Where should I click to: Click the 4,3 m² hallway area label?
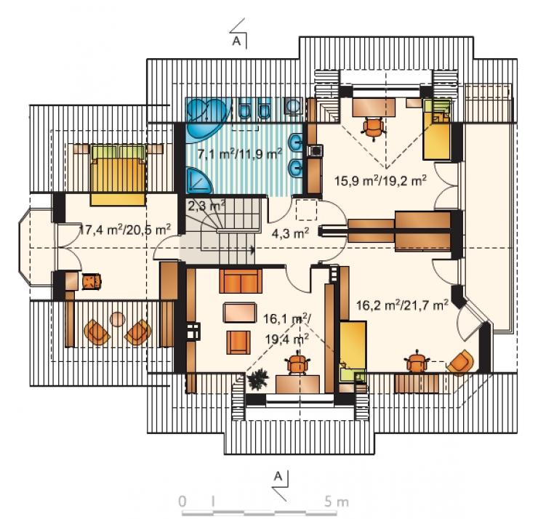(x=290, y=233)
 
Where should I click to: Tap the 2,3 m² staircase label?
(x=206, y=206)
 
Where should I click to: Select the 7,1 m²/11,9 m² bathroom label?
(x=240, y=153)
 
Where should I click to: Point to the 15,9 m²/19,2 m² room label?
(x=380, y=180)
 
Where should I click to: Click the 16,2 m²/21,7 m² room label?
(x=402, y=305)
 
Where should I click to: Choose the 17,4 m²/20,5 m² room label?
(x=125, y=230)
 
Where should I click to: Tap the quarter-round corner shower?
(x=199, y=181)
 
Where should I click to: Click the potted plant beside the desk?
(x=257, y=379)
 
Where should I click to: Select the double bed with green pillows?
(x=118, y=175)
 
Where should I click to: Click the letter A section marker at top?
(x=236, y=41)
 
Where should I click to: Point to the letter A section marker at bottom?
(x=278, y=476)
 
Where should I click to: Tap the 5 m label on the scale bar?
(x=337, y=502)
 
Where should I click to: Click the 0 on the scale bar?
(x=183, y=502)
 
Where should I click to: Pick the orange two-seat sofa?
(x=241, y=281)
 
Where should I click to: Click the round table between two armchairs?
(x=118, y=319)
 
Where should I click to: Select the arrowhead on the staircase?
(x=253, y=249)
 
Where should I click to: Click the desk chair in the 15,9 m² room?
(x=373, y=128)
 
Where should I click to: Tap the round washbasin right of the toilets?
(x=294, y=105)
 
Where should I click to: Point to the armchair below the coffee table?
(x=238, y=342)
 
